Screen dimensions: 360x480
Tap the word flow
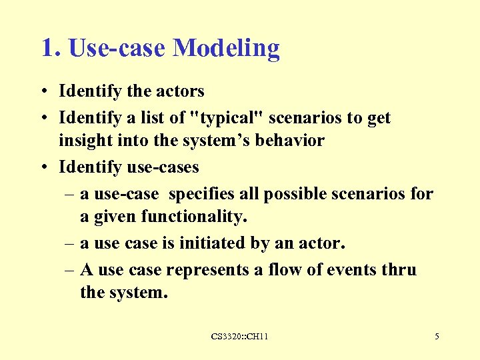[x=281, y=270]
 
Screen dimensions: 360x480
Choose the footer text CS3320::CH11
[x=239, y=337]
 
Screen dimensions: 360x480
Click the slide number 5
[x=437, y=337]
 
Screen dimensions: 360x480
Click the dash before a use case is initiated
[x=69, y=243]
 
